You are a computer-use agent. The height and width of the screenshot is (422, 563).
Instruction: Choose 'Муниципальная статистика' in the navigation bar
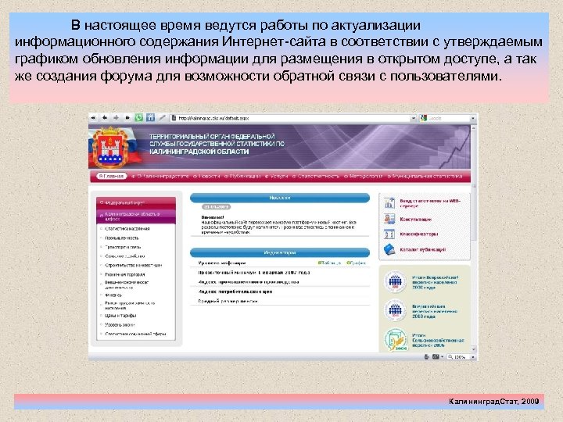pyautogui.click(x=425, y=177)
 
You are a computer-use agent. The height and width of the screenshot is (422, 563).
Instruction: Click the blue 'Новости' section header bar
pyautogui.click(x=282, y=198)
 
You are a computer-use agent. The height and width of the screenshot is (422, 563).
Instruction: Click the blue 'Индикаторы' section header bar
pyautogui.click(x=282, y=253)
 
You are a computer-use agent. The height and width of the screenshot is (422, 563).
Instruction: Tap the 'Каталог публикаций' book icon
pyautogui.click(x=389, y=249)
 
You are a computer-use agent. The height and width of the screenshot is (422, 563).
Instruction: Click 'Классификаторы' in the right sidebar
pyautogui.click(x=419, y=234)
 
